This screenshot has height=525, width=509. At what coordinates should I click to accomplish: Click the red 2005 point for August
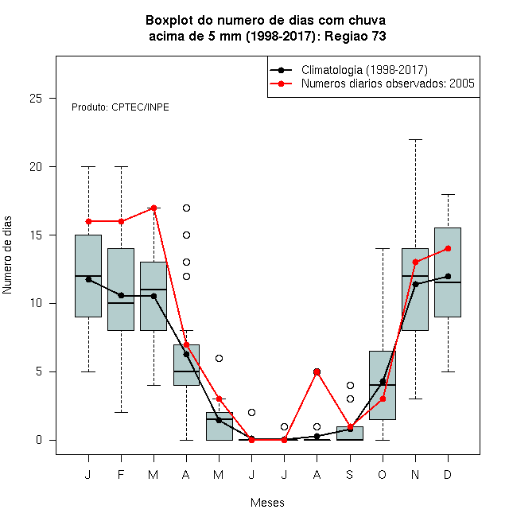point(317,371)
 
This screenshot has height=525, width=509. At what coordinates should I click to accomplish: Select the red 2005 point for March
point(153,208)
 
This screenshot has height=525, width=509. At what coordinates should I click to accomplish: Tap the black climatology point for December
point(448,276)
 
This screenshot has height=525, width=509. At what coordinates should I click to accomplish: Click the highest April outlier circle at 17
point(187,208)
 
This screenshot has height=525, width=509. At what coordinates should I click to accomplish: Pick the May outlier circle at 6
point(219,358)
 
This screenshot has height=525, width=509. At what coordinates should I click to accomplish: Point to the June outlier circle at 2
point(252,412)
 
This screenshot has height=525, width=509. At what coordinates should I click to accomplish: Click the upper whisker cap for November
point(416,140)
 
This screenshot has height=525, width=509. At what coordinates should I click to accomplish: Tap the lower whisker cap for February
point(121,412)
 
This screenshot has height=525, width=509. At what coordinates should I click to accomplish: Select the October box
point(383,385)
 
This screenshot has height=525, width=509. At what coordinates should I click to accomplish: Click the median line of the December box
point(448,282)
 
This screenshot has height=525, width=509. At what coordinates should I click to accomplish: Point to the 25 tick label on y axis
point(36,99)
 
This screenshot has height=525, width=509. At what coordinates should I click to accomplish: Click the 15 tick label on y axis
point(36,235)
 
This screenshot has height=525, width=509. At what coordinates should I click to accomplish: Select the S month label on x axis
point(350,474)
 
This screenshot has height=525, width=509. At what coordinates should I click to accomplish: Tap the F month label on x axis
point(121,474)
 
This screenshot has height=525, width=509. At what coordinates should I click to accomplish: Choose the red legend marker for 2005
point(282,84)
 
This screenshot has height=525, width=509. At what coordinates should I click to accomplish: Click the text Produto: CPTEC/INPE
point(120,107)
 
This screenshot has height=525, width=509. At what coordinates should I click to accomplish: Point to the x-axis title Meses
point(267,503)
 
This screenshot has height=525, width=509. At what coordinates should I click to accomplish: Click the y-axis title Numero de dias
point(7,255)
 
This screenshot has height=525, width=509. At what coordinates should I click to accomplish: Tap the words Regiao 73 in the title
point(356,36)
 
